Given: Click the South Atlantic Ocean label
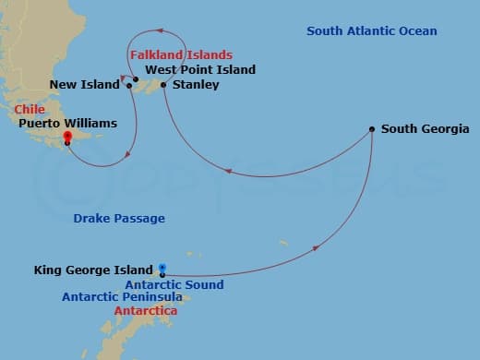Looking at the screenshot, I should pos(371,32).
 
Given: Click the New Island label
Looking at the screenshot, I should pos(85,85).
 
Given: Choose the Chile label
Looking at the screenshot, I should pos(30,109).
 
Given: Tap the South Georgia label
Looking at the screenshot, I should pos(426,129).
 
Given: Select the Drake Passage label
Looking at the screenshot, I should pos(119,219).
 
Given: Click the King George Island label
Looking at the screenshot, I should pos(93,270).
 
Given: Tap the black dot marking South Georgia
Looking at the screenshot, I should pos(371,129).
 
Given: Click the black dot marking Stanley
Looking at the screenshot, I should pos(163,85).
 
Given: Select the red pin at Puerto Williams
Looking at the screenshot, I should pos(66,138).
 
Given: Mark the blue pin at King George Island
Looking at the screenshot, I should pos(162,270).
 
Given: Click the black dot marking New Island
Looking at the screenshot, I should pos(129,86).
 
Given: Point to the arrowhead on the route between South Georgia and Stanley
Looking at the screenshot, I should pos(226,171).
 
